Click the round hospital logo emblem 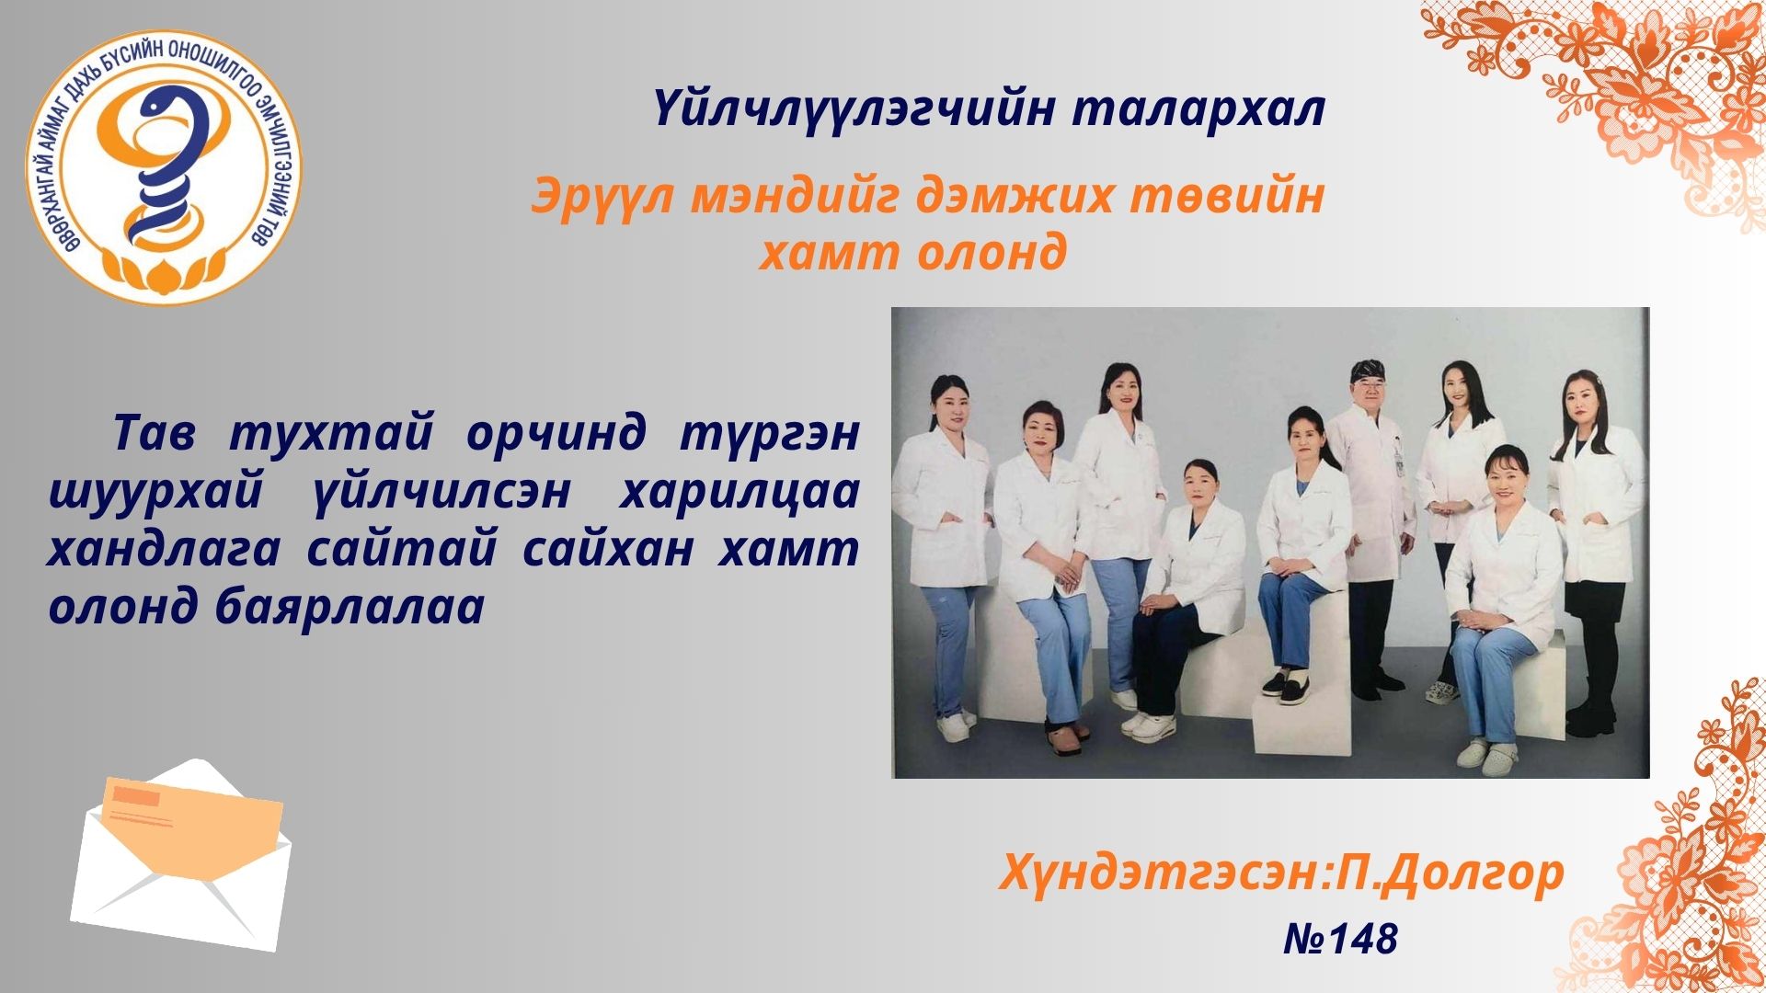[164, 166]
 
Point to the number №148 [1340, 939]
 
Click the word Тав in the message [154, 433]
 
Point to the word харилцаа [739, 493]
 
